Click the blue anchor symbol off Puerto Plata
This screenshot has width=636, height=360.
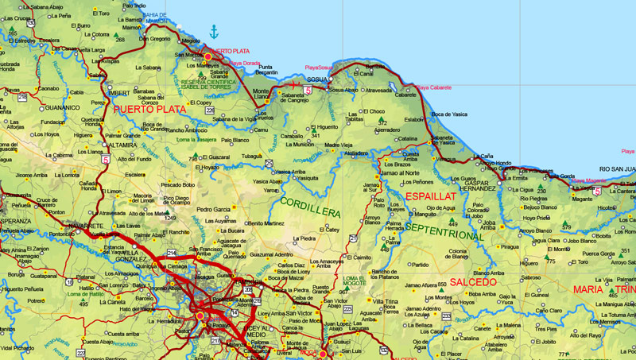click(x=213, y=33)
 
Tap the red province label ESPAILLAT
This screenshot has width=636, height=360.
click(x=430, y=195)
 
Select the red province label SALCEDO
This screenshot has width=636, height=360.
click(x=472, y=282)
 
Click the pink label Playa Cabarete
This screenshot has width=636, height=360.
click(x=434, y=87)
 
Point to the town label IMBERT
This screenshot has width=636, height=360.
click(x=95, y=93)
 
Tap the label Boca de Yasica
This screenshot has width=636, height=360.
click(x=449, y=114)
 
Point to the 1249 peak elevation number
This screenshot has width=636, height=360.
click(x=169, y=217)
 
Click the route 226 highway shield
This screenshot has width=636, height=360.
click(x=210, y=110)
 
